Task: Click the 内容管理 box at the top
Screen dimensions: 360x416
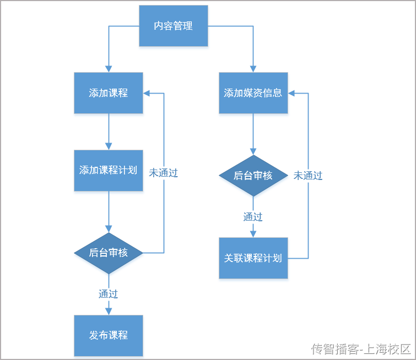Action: click(x=173, y=26)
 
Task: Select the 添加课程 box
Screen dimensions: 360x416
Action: click(x=109, y=93)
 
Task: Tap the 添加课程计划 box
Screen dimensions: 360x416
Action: click(x=109, y=170)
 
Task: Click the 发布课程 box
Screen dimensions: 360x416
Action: click(x=109, y=335)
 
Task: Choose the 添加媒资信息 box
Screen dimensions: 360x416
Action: click(x=253, y=93)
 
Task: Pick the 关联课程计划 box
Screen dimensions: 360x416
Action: click(x=253, y=258)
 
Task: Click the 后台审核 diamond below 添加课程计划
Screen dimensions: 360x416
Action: click(x=109, y=253)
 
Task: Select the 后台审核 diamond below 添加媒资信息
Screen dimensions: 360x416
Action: click(x=253, y=176)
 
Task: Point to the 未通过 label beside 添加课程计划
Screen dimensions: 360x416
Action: click(x=163, y=172)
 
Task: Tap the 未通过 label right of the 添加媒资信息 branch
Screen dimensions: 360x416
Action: click(x=307, y=176)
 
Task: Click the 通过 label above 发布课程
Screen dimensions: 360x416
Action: click(x=109, y=294)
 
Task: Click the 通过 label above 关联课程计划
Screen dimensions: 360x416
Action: click(x=253, y=217)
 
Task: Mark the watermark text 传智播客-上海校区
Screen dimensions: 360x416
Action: click(x=361, y=348)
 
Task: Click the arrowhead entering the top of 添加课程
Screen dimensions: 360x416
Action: click(x=109, y=69)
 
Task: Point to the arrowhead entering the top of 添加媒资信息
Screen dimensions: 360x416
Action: click(x=253, y=69)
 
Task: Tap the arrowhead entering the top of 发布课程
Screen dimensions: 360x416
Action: click(x=109, y=311)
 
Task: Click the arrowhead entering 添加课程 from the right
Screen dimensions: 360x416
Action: click(x=147, y=93)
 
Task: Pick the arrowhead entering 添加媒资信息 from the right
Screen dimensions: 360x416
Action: click(x=291, y=93)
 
